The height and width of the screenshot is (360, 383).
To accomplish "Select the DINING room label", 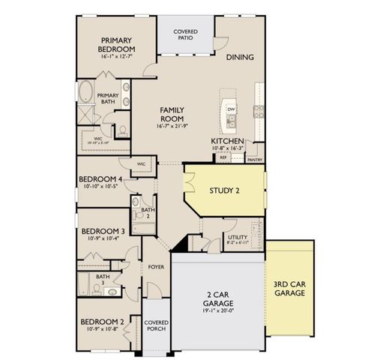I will [239, 57].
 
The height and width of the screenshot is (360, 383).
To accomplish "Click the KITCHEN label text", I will [226, 141].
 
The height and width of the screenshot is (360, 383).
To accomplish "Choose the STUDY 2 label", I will [224, 190].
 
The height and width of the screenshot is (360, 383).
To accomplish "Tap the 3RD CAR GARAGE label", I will [289, 289].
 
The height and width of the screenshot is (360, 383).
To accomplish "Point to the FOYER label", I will [156, 266].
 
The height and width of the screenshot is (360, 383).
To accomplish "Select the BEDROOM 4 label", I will [103, 178].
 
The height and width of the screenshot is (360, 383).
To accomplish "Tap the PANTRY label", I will [255, 159].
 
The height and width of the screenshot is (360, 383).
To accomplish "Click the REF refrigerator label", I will [223, 158].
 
